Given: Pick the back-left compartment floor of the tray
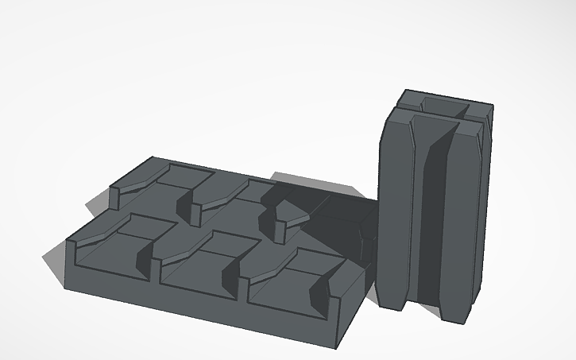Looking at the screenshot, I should [151, 195].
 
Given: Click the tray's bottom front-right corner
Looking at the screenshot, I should [340, 346].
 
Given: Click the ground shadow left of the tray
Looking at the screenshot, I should [54, 266].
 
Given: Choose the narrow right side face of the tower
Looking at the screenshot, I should [485, 207].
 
